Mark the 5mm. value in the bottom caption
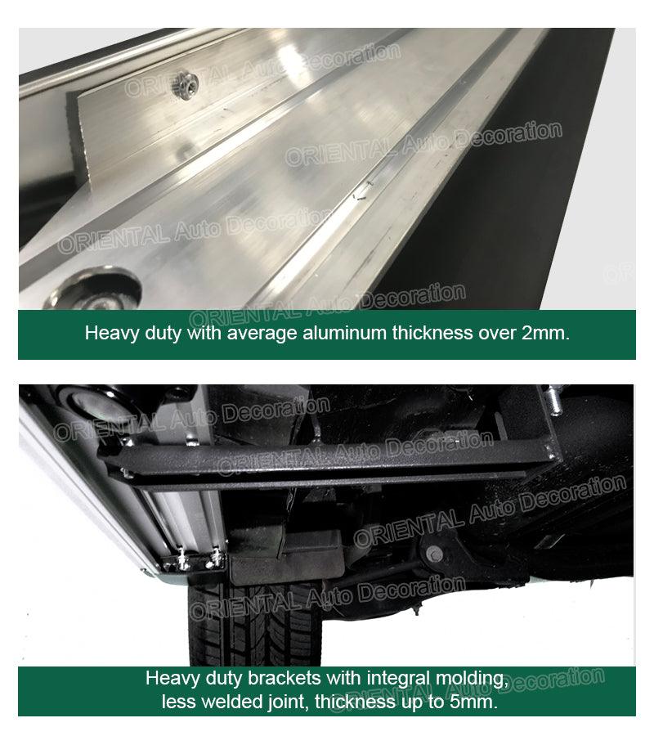pyautogui.click(x=474, y=702)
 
